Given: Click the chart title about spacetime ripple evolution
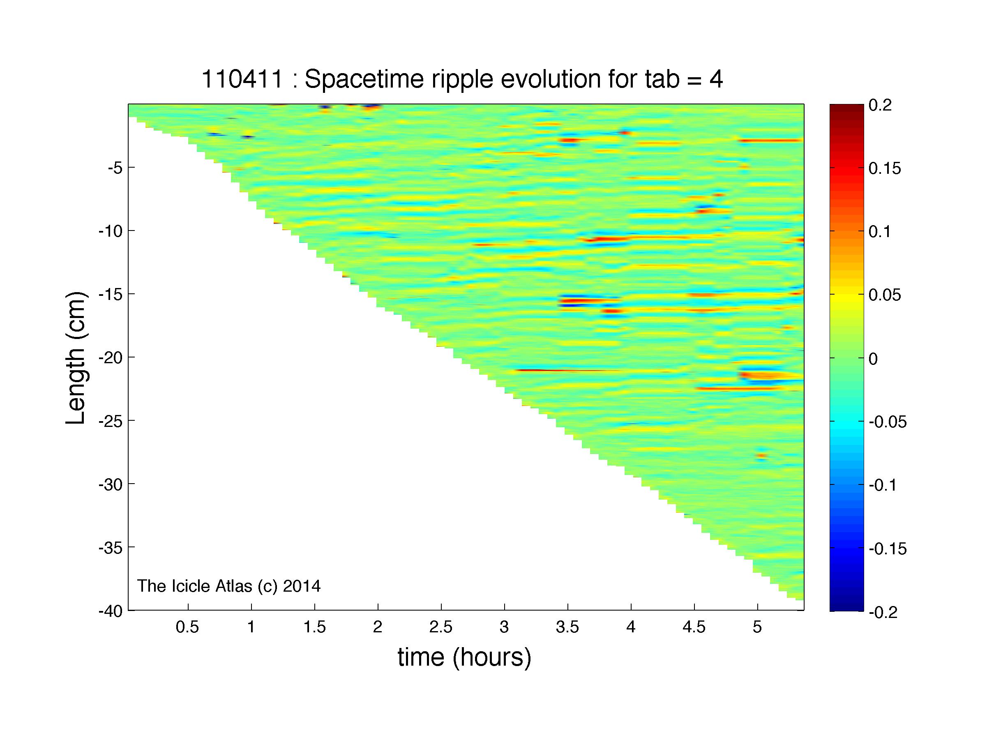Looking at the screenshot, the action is [462, 80].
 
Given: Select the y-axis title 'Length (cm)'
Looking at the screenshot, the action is [76, 358].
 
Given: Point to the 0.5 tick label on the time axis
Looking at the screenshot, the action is [187, 627].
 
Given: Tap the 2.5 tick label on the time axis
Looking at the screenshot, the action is [441, 627].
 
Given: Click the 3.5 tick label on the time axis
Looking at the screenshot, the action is [567, 627].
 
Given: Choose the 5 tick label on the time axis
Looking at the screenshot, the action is [757, 627].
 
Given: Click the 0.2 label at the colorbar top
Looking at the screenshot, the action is [879, 106].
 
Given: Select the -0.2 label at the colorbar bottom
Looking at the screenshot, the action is [883, 612].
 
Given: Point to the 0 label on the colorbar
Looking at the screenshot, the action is [873, 359].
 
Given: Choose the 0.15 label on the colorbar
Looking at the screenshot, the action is [884, 169].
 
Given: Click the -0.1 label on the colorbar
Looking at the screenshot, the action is [883, 485].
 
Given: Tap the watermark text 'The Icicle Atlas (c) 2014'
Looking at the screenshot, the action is [228, 586].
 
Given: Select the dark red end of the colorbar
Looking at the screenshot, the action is [846, 108].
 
